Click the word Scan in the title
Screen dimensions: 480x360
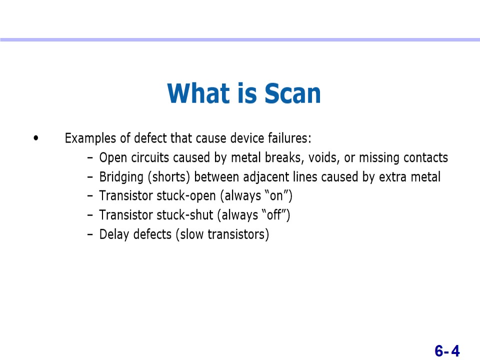tap(292, 93)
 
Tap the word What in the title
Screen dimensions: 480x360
tap(198, 93)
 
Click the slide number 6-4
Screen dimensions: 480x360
tap(447, 351)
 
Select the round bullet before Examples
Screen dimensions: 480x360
tap(36, 138)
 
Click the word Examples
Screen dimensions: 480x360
tap(90, 138)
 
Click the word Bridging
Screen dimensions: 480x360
tap(121, 177)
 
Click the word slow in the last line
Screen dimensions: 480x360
tap(190, 234)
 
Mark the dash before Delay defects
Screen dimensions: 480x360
tap(90, 235)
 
